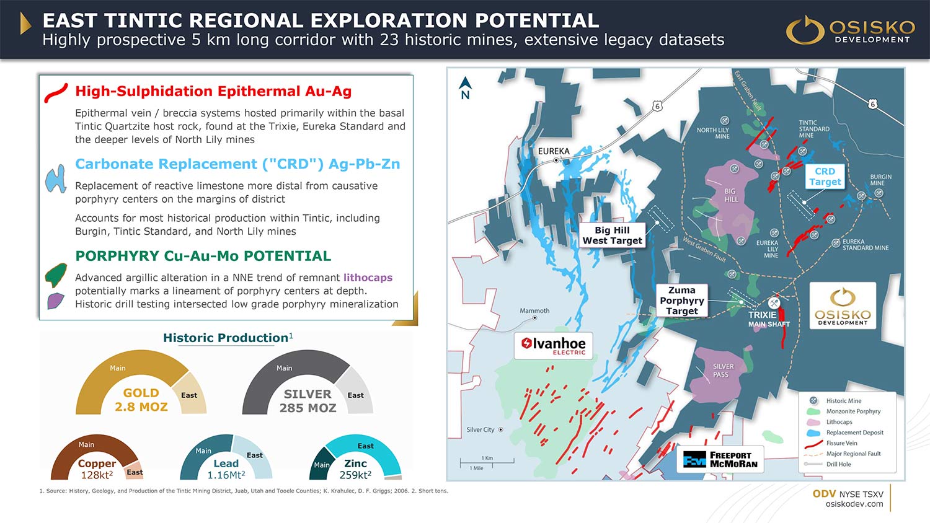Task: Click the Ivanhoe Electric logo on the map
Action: (554, 345)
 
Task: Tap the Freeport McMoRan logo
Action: (720, 460)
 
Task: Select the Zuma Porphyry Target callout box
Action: (682, 301)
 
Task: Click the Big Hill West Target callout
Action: (612, 235)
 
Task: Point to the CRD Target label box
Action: (825, 177)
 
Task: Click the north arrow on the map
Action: (466, 88)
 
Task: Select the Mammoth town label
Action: (534, 311)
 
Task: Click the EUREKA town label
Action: (554, 151)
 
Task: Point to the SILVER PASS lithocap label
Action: (723, 370)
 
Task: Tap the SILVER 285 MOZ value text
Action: (308, 401)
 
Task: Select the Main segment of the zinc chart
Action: (321, 464)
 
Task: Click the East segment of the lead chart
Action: (252, 457)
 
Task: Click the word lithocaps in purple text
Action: (368, 277)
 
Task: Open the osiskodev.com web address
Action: (854, 504)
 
